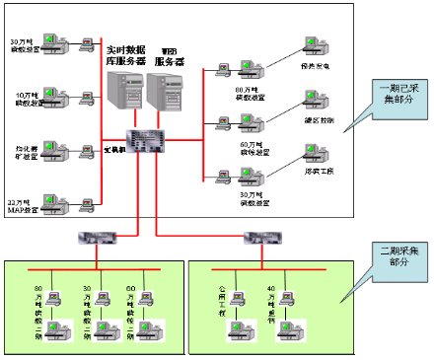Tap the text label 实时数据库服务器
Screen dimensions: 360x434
pyautogui.click(x=126, y=53)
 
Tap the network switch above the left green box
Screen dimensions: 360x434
pyautogui.click(x=97, y=239)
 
